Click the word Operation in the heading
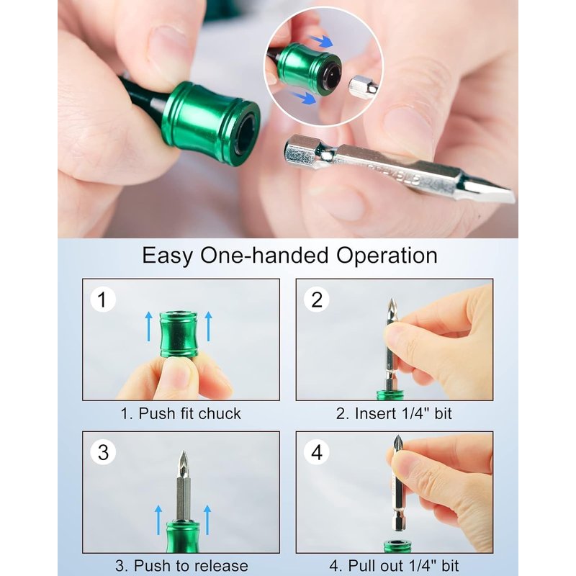pyautogui.click(x=387, y=256)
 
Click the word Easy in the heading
pyautogui.click(x=167, y=256)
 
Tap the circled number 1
pyautogui.click(x=103, y=300)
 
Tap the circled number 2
pyautogui.click(x=316, y=300)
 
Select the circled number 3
pyautogui.click(x=103, y=452)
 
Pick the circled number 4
pyautogui.click(x=316, y=452)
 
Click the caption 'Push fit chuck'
pyautogui.click(x=189, y=413)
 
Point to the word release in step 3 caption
pyautogui.click(x=222, y=566)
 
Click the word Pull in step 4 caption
pyautogui.click(x=360, y=566)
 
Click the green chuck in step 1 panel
pyautogui.click(x=179, y=334)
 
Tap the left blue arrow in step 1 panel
pyautogui.click(x=149, y=327)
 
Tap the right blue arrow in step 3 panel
pyautogui.click(x=207, y=520)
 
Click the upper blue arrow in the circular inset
pyautogui.click(x=320, y=41)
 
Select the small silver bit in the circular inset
pyautogui.click(x=363, y=87)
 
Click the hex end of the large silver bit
pyautogui.click(x=302, y=151)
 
